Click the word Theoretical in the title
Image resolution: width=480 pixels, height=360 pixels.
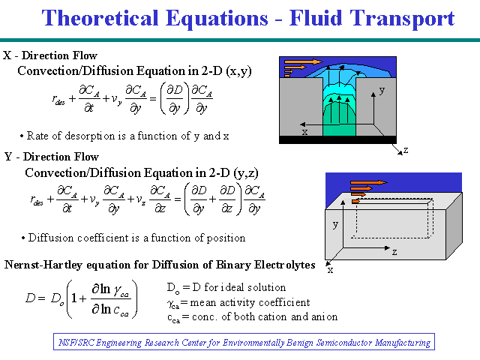(x=100, y=18)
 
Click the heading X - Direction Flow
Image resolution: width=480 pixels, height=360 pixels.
(x=50, y=55)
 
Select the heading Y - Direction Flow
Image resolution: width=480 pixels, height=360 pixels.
(x=52, y=157)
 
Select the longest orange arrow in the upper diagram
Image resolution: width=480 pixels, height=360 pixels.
(x=303, y=61)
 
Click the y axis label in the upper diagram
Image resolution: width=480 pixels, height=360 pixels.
(x=382, y=91)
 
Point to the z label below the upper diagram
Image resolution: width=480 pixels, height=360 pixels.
(x=406, y=150)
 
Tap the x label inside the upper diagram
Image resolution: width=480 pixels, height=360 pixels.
(x=304, y=132)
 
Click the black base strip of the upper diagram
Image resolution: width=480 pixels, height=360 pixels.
(x=337, y=139)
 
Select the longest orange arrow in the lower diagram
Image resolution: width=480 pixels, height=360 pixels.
(x=369, y=183)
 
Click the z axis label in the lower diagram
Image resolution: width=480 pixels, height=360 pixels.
(x=394, y=252)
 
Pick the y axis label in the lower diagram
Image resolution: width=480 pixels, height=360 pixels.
(x=335, y=224)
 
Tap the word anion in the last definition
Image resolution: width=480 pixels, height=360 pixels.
(x=325, y=316)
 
